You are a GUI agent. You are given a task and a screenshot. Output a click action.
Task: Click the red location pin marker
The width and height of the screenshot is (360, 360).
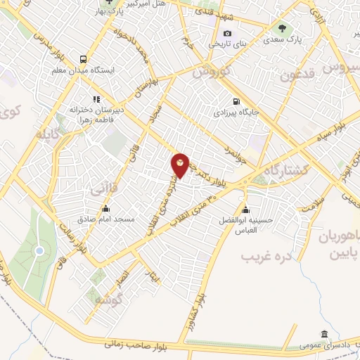(181, 165)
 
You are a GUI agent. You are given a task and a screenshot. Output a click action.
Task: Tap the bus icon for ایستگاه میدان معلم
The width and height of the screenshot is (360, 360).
(84, 60)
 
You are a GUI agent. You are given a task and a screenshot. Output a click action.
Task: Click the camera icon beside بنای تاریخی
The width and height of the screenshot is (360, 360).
(226, 33)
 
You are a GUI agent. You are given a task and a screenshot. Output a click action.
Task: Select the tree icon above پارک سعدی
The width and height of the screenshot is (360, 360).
(281, 29)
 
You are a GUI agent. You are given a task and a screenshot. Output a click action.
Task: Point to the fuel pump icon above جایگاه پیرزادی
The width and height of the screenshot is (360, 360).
(234, 101)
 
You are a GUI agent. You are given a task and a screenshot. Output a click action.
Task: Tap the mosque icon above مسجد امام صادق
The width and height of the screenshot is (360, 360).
(105, 208)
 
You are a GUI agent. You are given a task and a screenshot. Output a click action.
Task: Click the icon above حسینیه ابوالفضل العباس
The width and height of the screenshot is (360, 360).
(246, 209)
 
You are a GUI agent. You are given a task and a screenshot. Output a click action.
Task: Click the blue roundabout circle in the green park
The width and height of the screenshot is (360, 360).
(39, 250)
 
